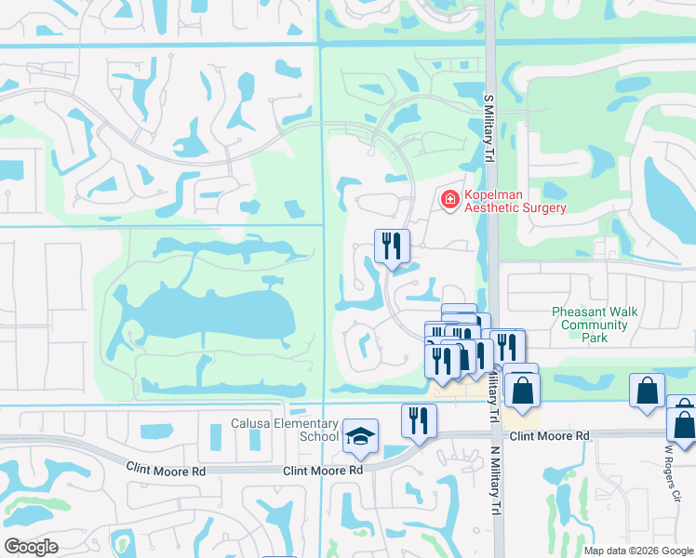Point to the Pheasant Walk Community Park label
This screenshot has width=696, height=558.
[595, 325]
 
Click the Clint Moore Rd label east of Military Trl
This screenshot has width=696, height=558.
[550, 435]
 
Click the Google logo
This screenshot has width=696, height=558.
[31, 547]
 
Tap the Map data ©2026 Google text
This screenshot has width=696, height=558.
[638, 551]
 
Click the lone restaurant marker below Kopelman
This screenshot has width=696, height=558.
[391, 246]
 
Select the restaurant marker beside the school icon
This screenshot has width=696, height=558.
[419, 420]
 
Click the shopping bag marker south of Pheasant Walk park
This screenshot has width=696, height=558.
[647, 392]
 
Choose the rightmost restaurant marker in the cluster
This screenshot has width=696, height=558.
[508, 348]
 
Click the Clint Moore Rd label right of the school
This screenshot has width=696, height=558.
[323, 471]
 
